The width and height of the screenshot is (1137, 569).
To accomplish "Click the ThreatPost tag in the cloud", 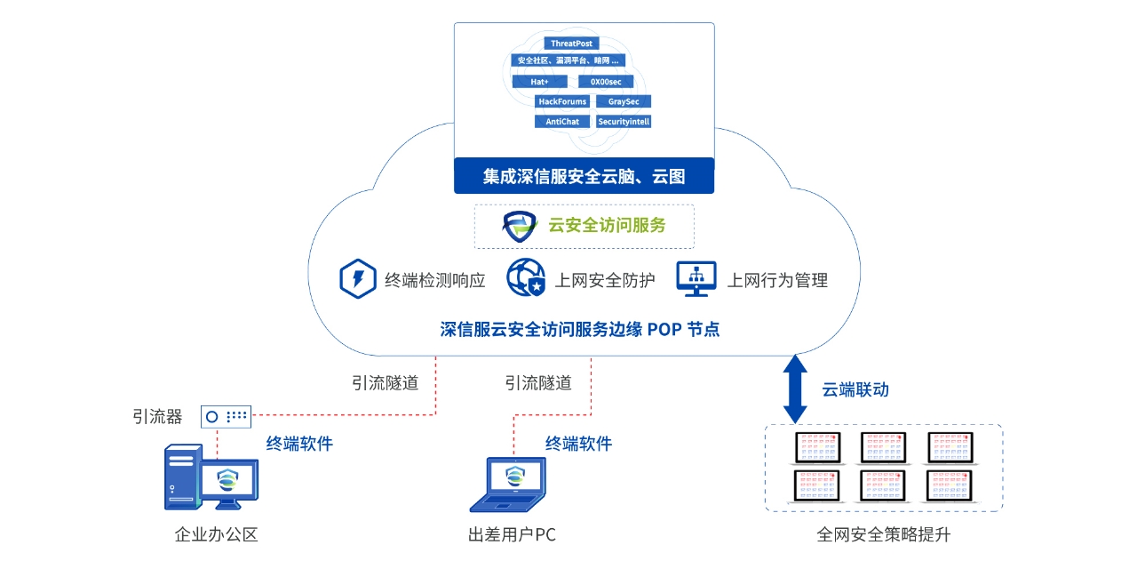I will [571, 43].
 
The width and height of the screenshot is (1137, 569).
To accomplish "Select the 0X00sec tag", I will [612, 82].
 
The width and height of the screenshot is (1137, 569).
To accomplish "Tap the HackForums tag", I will [562, 101].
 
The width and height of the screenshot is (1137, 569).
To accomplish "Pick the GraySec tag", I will [624, 101].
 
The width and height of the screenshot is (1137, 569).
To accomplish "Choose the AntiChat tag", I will [562, 121].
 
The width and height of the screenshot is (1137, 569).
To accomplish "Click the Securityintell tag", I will [624, 121].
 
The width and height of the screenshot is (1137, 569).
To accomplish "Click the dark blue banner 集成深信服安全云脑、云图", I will [584, 176].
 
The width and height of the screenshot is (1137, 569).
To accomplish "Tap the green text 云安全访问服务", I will [607, 225].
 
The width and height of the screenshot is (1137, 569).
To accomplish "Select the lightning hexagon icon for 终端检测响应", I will [357, 278].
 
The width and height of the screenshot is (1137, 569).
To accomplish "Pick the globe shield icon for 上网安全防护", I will [525, 278].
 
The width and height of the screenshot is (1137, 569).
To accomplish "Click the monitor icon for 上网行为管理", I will [696, 278].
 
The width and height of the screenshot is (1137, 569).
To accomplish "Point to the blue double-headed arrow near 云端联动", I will [795, 389].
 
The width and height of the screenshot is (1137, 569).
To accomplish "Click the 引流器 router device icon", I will [226, 415].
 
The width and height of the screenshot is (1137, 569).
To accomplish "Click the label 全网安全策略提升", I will [883, 535].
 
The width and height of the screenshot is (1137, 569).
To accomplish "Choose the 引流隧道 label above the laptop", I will [538, 383].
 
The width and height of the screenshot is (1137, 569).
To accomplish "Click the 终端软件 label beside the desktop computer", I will [299, 443].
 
